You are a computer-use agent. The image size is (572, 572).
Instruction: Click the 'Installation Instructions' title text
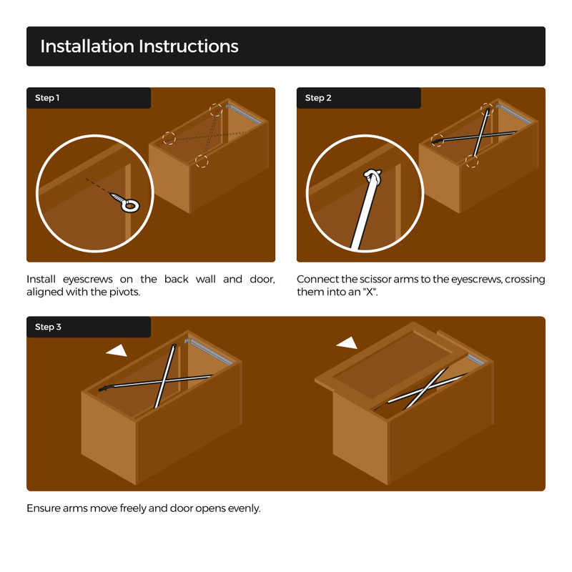[139, 46]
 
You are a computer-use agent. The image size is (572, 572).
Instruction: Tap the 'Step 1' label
[47, 98]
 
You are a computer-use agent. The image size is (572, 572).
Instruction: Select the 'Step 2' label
[318, 98]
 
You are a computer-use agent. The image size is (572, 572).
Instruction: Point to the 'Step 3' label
[48, 327]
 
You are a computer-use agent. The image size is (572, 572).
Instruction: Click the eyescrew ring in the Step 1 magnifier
[130, 206]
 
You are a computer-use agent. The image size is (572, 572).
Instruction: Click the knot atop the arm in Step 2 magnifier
[373, 176]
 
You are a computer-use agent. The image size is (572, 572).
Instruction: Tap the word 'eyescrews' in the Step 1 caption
[87, 280]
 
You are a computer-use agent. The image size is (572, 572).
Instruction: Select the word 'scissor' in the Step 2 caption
[375, 280]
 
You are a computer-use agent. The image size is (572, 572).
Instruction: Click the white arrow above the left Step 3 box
[117, 350]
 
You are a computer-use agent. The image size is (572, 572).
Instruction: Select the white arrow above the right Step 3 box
[347, 343]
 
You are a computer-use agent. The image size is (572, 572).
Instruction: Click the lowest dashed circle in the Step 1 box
[202, 162]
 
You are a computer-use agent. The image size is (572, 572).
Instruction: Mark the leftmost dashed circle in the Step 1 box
[169, 138]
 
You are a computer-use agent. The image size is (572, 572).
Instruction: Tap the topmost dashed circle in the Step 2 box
[487, 109]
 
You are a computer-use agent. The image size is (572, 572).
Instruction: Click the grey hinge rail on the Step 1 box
[244, 114]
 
